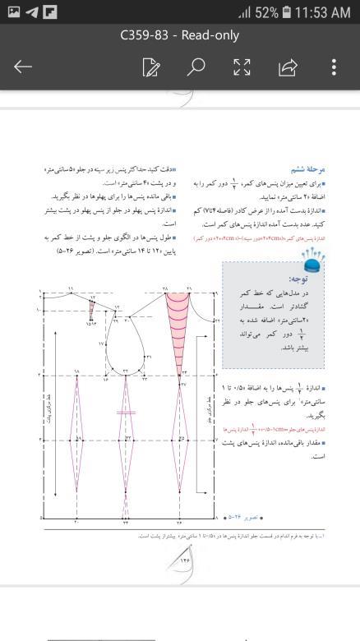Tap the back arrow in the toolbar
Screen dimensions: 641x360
point(23,67)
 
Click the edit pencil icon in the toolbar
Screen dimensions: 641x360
point(150,67)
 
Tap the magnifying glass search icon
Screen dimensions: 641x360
point(196,67)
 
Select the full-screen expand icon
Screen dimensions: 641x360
point(242,67)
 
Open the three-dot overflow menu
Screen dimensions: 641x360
point(334,67)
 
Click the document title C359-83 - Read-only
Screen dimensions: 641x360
point(179,35)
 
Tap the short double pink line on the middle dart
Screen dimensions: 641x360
point(126,412)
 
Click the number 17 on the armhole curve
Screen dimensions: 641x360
point(102,344)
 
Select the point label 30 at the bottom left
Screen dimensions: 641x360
point(76,522)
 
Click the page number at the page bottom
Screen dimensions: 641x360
point(182,561)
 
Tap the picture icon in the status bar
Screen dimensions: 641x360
point(12,12)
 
